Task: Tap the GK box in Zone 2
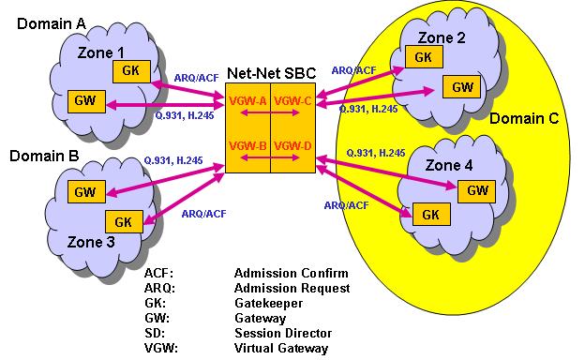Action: [x=423, y=57]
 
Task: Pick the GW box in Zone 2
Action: [x=461, y=88]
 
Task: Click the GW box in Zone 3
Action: [x=84, y=192]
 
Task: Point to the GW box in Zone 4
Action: [x=476, y=190]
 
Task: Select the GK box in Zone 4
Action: [x=430, y=215]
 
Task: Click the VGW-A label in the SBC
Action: [x=247, y=101]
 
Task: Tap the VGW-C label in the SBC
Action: [x=293, y=101]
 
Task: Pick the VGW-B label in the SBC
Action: [x=247, y=145]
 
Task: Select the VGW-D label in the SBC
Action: [x=293, y=145]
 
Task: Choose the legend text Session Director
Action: [x=282, y=333]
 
